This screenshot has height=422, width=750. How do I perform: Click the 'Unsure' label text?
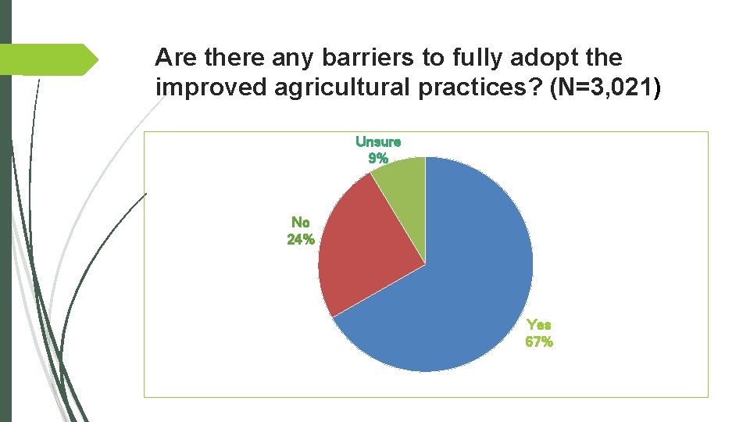(x=378, y=141)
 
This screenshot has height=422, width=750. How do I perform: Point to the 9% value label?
(x=378, y=158)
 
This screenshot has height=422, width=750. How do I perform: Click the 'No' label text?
(x=300, y=222)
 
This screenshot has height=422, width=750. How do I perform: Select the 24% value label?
(x=301, y=239)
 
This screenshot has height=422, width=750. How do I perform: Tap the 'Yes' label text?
(x=539, y=324)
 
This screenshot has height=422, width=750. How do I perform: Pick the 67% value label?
(x=539, y=342)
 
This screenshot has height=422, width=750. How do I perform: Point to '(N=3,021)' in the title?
(x=605, y=88)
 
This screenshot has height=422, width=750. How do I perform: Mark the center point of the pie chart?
(x=425, y=264)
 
